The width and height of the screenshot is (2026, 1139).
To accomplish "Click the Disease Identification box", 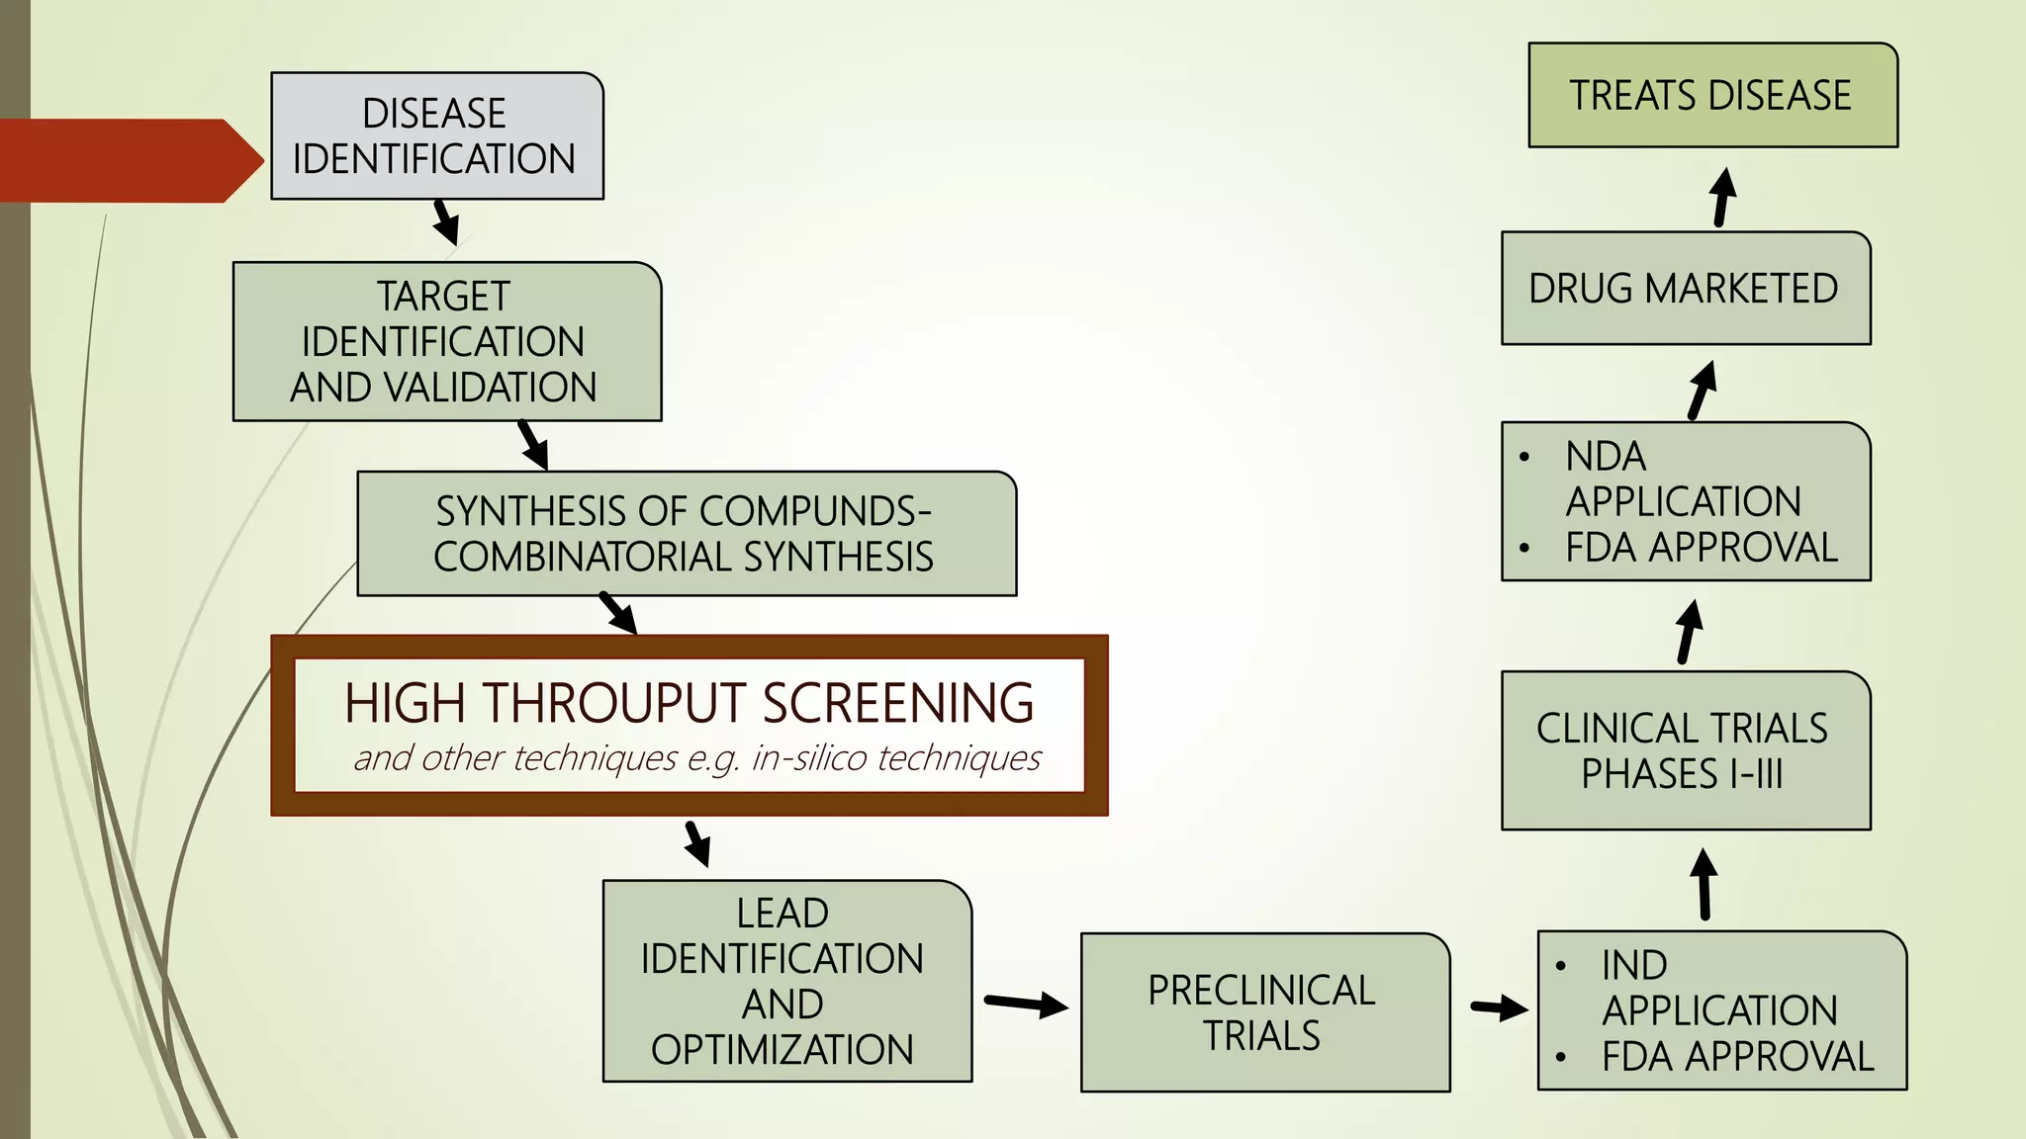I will (x=436, y=135).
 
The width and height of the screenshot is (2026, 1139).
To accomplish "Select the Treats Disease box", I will (x=1712, y=95).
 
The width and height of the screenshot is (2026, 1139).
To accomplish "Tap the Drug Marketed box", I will (x=1685, y=288).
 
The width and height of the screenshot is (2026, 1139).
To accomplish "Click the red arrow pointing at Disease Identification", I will (x=129, y=160).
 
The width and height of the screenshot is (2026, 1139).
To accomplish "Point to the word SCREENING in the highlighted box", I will (x=897, y=703).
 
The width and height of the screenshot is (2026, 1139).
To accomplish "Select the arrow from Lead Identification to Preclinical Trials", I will (x=1026, y=1005).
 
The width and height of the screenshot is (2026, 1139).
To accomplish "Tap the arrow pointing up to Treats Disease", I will (x=1722, y=197).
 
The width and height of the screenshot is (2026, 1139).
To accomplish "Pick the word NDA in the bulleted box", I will (x=1606, y=457).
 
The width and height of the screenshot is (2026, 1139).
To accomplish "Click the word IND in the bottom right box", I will (x=1634, y=965).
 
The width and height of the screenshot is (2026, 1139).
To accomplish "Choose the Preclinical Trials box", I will (x=1264, y=1012).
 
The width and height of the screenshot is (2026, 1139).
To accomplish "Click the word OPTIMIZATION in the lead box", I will (x=782, y=1050).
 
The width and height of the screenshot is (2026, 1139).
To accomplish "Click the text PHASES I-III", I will (x=1682, y=773).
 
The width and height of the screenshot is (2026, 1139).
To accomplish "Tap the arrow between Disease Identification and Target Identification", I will (x=445, y=222).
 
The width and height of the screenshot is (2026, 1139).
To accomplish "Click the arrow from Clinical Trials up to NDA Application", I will (x=1689, y=632).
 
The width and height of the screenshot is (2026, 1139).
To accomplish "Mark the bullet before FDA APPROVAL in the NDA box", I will (x=1524, y=548).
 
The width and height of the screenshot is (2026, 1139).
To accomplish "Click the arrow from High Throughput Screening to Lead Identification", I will (x=697, y=843).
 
